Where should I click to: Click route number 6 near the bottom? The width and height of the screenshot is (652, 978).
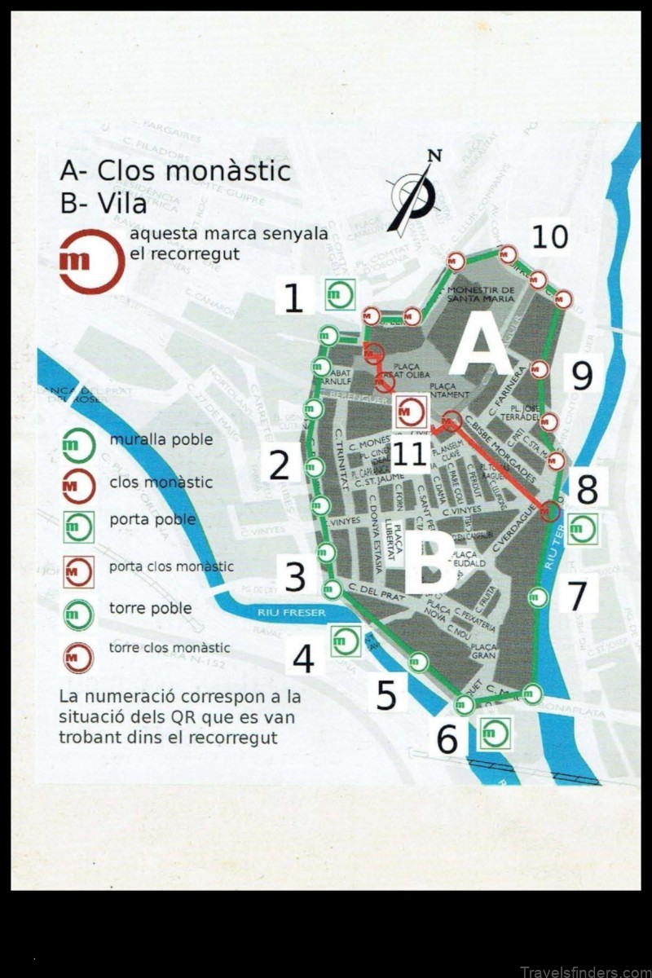tap(447, 740)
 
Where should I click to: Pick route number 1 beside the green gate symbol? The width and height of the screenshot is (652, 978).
tap(293, 297)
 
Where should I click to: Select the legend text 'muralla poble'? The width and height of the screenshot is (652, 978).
tap(161, 439)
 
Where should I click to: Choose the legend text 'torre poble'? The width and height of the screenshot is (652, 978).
tap(150, 608)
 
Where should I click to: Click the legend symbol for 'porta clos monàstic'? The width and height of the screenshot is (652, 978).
tap(78, 572)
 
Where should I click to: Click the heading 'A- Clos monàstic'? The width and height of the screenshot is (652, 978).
tap(174, 171)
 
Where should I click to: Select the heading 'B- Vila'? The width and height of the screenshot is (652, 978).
tap(104, 203)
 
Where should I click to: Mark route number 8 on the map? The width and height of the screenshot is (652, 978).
tap(587, 490)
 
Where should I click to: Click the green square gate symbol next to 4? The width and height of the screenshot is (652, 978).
tap(346, 641)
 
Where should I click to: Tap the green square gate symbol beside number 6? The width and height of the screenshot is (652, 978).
tap(494, 733)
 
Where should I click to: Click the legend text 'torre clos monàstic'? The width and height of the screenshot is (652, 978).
tap(170, 649)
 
